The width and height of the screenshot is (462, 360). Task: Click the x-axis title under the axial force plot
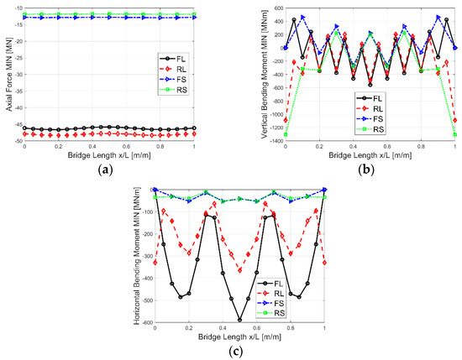(108, 156)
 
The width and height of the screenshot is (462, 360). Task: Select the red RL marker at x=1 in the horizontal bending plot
(325, 263)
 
